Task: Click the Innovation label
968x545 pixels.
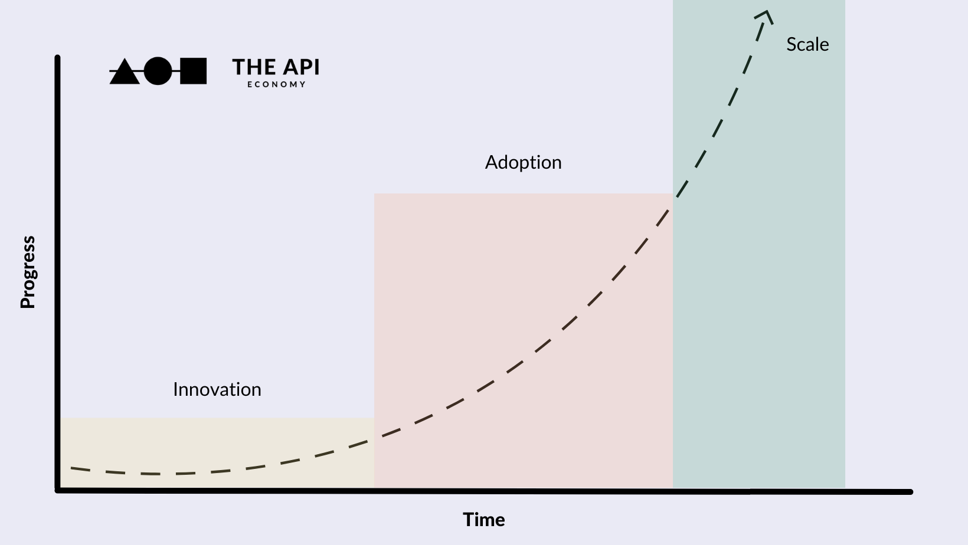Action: pos(217,389)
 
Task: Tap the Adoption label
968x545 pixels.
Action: pos(523,162)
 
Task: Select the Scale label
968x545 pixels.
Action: pos(807,44)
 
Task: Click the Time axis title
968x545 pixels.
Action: pos(483,520)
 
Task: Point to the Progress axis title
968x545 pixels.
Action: pos(28,272)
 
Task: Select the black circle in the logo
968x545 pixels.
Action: pos(158,71)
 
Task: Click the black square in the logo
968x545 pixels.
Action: pos(193,71)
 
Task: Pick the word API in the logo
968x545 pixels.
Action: pos(300,67)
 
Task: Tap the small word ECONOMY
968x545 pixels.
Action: pos(276,84)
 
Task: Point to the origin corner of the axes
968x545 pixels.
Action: pos(58,490)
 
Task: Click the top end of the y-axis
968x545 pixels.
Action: pos(57,58)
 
